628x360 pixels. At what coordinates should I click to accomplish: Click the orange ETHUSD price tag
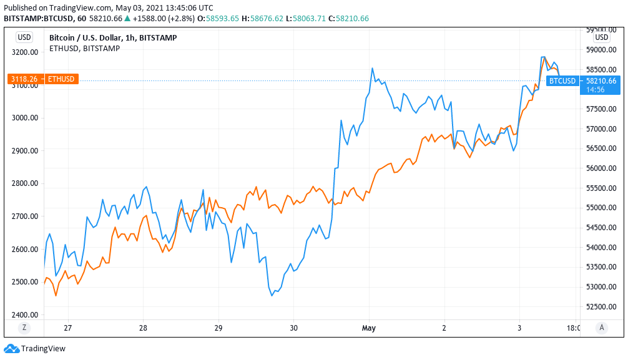coord(43,79)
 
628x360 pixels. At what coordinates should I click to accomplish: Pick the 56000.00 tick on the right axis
coord(601,168)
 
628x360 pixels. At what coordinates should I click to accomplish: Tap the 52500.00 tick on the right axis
coord(601,306)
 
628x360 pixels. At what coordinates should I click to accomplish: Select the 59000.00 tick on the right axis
coord(601,50)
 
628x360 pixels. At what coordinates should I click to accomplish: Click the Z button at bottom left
coord(24,328)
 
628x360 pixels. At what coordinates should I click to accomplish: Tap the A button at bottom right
coord(601,328)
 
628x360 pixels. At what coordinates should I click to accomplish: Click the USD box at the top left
coord(24,37)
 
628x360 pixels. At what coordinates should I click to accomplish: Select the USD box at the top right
coord(601,37)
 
